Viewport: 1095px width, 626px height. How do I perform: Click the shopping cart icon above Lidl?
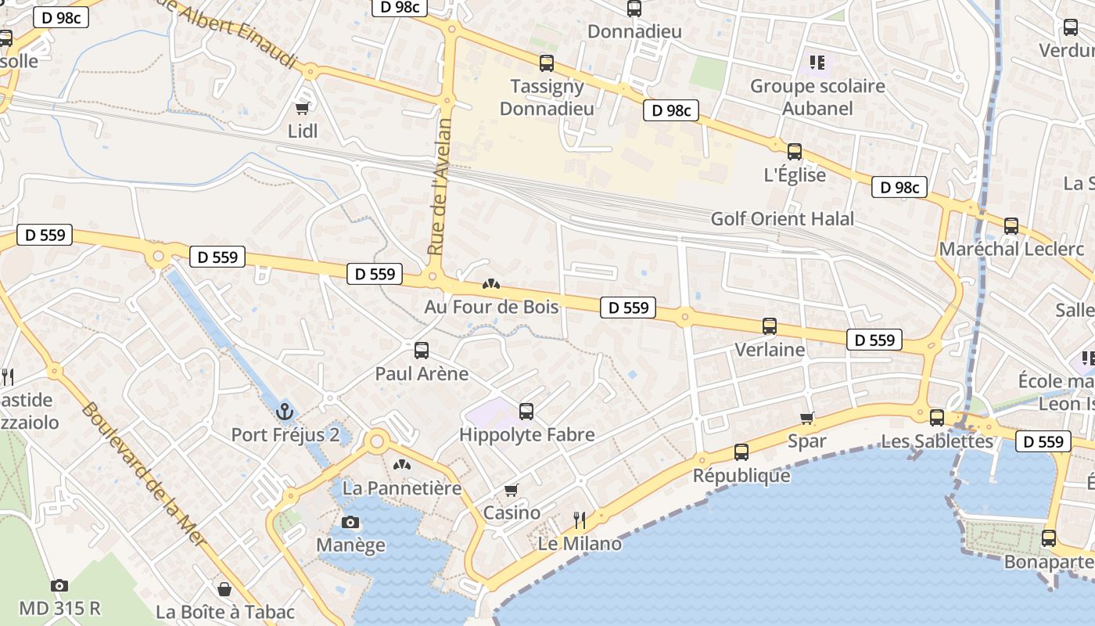point(303,108)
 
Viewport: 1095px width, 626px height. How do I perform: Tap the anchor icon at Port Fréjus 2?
point(285,411)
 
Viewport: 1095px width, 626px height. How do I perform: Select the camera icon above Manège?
point(350,522)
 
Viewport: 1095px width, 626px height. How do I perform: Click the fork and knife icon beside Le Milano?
point(580,520)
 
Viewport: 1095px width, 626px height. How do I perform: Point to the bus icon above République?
point(741,452)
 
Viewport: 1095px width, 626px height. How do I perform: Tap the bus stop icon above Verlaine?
point(770,326)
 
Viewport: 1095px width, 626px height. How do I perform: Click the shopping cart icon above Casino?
point(512,490)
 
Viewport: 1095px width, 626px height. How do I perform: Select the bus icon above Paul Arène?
point(422,350)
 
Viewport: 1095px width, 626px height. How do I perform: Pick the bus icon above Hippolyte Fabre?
point(526,411)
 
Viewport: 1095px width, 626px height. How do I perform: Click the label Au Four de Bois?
point(491,307)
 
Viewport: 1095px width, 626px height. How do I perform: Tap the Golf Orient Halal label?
point(782,219)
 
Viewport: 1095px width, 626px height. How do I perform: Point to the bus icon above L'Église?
point(795,152)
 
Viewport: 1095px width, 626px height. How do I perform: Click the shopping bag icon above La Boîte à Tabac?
point(224,588)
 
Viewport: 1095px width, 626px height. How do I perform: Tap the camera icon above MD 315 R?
point(59,585)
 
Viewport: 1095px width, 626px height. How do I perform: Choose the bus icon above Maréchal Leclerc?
point(1011,226)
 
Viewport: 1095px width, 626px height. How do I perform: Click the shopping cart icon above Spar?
point(807,419)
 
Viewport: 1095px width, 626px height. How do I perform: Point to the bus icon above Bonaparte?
point(1049,538)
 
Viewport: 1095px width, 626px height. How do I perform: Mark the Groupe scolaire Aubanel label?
point(817,97)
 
